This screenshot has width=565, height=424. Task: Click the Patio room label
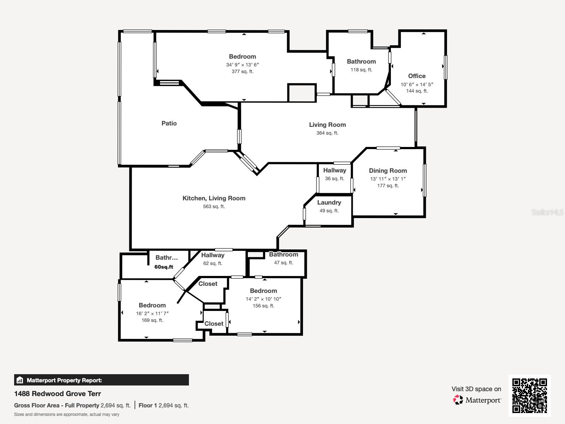pos(169,123)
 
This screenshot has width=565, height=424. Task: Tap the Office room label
pos(417,76)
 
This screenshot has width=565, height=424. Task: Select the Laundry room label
pos(329,202)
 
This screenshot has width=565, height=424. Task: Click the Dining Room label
pos(388,171)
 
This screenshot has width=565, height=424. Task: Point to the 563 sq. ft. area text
pos(214,206)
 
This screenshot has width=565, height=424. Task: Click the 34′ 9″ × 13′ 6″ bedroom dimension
pos(243,65)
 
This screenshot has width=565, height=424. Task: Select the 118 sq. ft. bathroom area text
pos(361,70)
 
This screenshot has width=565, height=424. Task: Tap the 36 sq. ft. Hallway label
pos(334,170)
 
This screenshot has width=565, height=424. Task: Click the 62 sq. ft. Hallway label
pos(213,255)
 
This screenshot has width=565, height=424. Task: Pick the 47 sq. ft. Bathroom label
pos(284,254)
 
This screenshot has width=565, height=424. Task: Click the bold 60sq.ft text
pos(164,267)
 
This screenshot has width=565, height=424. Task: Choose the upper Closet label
pos(208,284)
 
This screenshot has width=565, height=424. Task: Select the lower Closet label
pos(214,324)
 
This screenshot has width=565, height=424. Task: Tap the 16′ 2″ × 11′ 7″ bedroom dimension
pos(152,313)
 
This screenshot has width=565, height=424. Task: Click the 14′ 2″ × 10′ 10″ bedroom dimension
pos(263,299)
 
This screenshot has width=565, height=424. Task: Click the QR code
pos(529,395)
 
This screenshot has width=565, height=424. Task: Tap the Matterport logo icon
pos(458,400)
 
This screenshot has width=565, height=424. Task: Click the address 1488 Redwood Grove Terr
pos(58,394)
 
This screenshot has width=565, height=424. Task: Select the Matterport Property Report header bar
pos(101,380)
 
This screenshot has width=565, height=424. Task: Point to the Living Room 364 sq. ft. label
pos(327,125)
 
